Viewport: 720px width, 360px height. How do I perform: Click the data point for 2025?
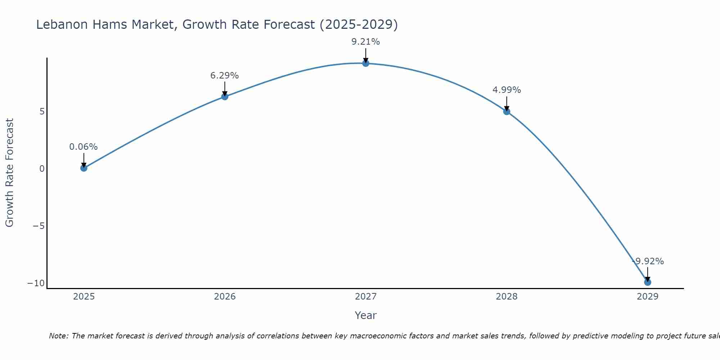tap(84, 168)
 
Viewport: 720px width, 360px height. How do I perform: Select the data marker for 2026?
tap(225, 96)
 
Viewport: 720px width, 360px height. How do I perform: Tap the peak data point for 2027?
tap(366, 63)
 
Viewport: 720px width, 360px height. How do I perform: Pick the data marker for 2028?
tap(507, 112)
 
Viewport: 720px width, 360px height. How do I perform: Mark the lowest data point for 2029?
tap(647, 282)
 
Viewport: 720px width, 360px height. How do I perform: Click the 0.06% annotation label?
tap(84, 147)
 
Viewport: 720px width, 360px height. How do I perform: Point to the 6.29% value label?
tap(225, 76)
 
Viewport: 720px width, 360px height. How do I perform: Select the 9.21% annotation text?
tap(366, 42)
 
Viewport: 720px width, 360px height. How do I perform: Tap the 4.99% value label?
tap(507, 90)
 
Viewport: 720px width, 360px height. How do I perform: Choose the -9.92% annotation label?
tap(648, 261)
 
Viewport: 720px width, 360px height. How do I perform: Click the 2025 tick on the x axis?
tap(84, 297)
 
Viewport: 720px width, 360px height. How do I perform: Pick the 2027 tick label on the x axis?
tap(366, 297)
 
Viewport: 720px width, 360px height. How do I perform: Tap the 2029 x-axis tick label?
tap(647, 297)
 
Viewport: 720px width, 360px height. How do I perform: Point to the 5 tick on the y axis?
tap(42, 112)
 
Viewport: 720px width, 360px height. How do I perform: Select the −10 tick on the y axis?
tap(36, 283)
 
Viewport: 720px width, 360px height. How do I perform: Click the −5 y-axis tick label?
tap(39, 226)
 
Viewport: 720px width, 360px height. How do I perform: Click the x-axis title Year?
tap(366, 315)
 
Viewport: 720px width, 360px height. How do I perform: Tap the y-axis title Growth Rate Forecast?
tap(10, 173)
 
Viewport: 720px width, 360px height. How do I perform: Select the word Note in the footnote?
tap(58, 336)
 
